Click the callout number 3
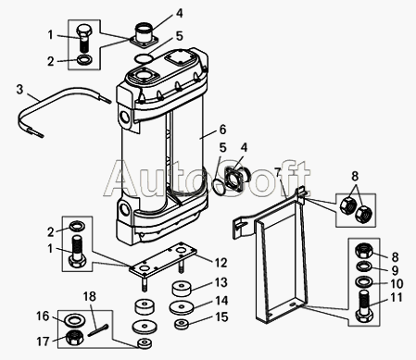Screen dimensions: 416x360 (19, 90)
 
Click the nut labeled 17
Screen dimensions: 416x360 (74, 337)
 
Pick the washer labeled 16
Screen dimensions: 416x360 (73, 319)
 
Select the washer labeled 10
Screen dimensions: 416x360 (364, 281)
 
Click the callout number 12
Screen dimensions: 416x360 (221, 263)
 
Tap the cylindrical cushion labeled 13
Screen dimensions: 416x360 (182, 288)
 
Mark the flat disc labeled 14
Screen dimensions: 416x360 (182, 307)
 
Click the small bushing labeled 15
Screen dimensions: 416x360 (182, 324)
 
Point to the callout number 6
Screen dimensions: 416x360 (222, 130)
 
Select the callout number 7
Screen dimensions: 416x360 (278, 173)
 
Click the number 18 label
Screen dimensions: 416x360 (90, 296)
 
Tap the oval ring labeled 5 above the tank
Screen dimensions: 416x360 (144, 58)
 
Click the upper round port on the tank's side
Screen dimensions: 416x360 (126, 117)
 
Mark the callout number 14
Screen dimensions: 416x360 (221, 301)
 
